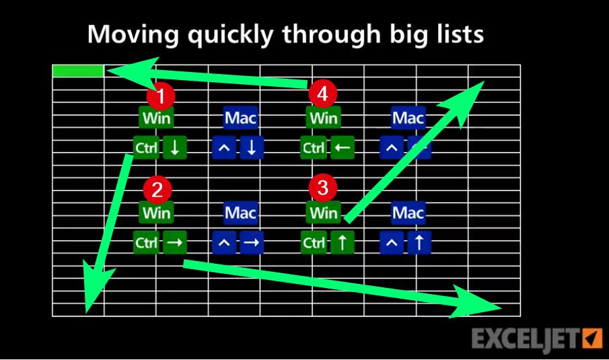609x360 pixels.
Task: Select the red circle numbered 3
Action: (x=322, y=188)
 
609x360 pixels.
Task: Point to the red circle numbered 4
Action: (x=322, y=95)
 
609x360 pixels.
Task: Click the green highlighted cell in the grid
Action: (x=77, y=71)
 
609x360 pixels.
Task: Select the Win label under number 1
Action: (x=156, y=118)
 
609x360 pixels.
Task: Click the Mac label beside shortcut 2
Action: (x=240, y=213)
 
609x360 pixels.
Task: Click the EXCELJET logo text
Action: (x=525, y=339)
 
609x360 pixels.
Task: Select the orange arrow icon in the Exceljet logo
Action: (x=592, y=338)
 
